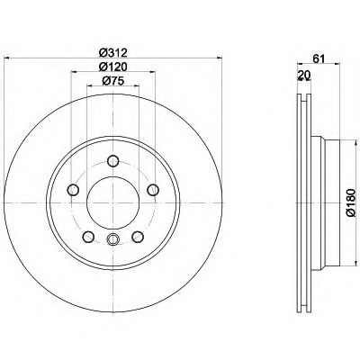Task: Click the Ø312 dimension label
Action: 113,53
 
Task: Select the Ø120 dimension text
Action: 113,67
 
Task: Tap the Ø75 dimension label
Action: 113,81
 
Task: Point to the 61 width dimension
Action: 319,59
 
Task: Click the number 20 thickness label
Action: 304,75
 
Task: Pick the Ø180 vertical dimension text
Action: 350,202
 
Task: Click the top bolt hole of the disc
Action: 113,161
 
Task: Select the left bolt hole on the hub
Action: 73,190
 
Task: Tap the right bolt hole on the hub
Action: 153,190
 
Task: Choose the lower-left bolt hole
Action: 88,237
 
